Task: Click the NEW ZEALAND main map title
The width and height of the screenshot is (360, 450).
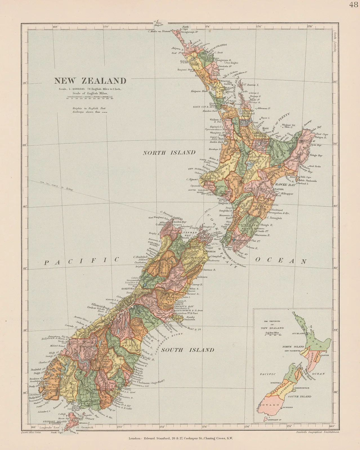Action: pos(90,81)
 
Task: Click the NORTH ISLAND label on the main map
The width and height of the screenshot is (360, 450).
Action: pos(169,153)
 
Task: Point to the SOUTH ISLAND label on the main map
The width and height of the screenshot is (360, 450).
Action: pos(188,350)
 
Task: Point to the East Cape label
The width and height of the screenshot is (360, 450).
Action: pos(322,134)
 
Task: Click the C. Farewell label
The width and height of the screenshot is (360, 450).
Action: pos(166,212)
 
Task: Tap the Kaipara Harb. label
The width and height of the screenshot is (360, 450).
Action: pos(191,91)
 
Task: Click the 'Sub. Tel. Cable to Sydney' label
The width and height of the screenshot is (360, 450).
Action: pos(56,186)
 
